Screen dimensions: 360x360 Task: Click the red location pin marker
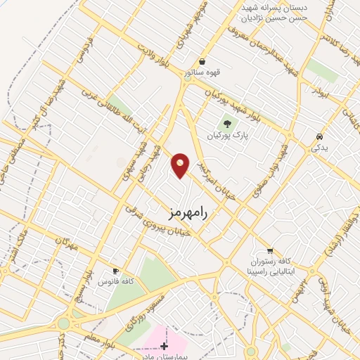click(x=181, y=165)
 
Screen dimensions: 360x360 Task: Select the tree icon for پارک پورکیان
click(x=227, y=125)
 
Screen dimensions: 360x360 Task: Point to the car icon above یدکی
click(x=319, y=136)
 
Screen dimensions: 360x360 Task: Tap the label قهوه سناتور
click(x=202, y=72)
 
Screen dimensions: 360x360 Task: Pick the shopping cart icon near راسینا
click(x=270, y=250)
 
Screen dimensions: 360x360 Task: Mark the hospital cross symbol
click(x=165, y=346)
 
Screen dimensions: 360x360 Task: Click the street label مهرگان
click(x=63, y=245)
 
